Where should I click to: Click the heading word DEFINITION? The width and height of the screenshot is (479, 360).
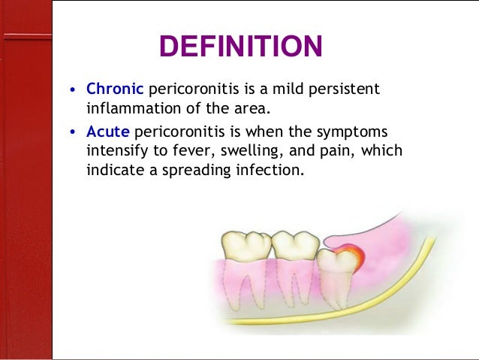click(240, 47)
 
